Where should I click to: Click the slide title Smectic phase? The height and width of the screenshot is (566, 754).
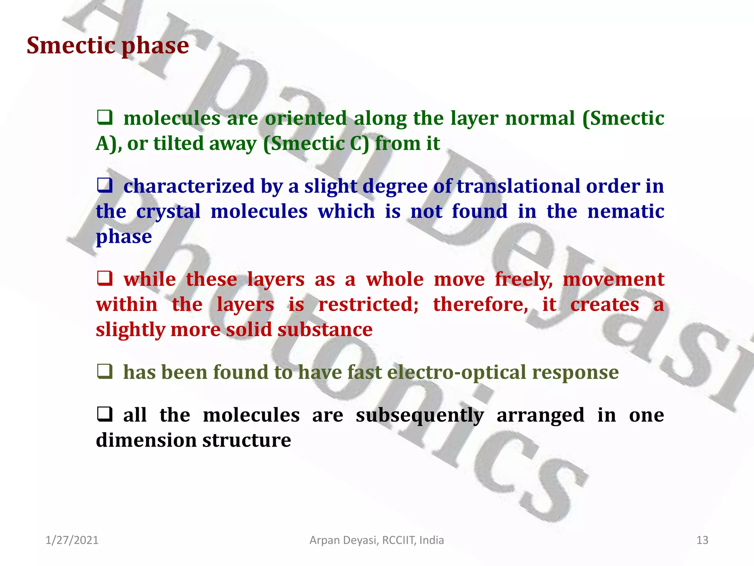108,46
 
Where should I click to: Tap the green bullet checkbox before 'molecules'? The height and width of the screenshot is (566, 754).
105,118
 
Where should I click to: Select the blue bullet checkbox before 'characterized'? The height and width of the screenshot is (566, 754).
105,186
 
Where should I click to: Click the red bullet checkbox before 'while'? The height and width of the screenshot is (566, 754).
105,279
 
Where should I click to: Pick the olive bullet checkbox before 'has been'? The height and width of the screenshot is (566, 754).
105,372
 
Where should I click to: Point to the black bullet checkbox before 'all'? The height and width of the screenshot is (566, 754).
105,415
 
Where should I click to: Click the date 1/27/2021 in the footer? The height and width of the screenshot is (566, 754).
72,540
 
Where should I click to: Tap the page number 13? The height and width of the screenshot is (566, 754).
702,540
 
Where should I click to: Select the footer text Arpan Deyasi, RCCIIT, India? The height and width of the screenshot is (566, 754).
377,540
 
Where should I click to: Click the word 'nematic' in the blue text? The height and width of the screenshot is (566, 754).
626,212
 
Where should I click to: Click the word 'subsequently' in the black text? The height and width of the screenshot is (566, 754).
420,416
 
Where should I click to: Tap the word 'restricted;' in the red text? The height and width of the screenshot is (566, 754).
368,305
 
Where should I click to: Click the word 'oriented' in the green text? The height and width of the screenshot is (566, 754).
306,119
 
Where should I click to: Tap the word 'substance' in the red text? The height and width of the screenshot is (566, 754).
325,330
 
